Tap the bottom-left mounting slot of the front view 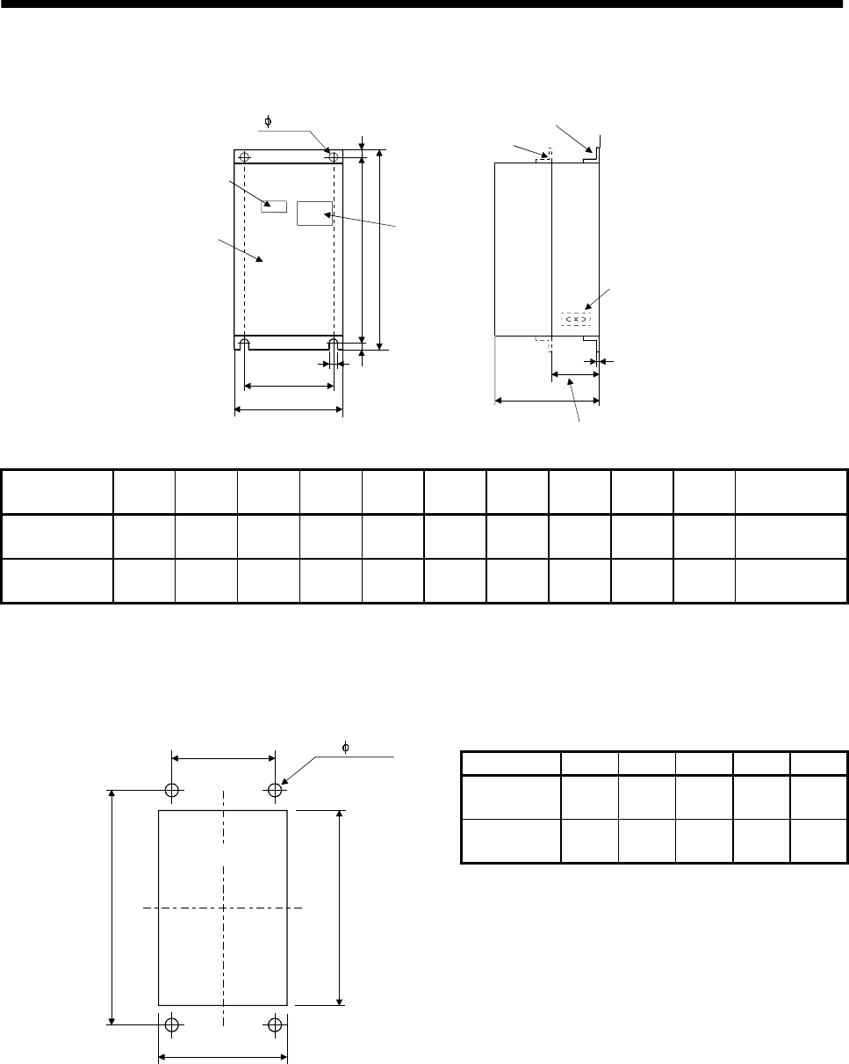pyautogui.click(x=245, y=343)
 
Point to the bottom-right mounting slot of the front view pyautogui.click(x=333, y=343)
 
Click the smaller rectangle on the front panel pyautogui.click(x=274, y=206)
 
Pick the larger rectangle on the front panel pyautogui.click(x=313, y=214)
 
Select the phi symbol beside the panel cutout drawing pyautogui.click(x=345, y=748)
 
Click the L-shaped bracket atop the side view pyautogui.click(x=594, y=149)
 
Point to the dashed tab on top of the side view pyautogui.click(x=546, y=157)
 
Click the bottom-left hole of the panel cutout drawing pyautogui.click(x=172, y=1024)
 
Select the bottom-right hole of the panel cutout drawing pyautogui.click(x=275, y=1024)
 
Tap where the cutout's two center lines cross pyautogui.click(x=224, y=907)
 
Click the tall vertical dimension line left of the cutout pyautogui.click(x=112, y=906)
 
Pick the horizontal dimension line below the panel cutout pyautogui.click(x=223, y=1058)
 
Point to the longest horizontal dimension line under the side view pyautogui.click(x=547, y=401)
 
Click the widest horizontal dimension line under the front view pyautogui.click(x=288, y=409)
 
